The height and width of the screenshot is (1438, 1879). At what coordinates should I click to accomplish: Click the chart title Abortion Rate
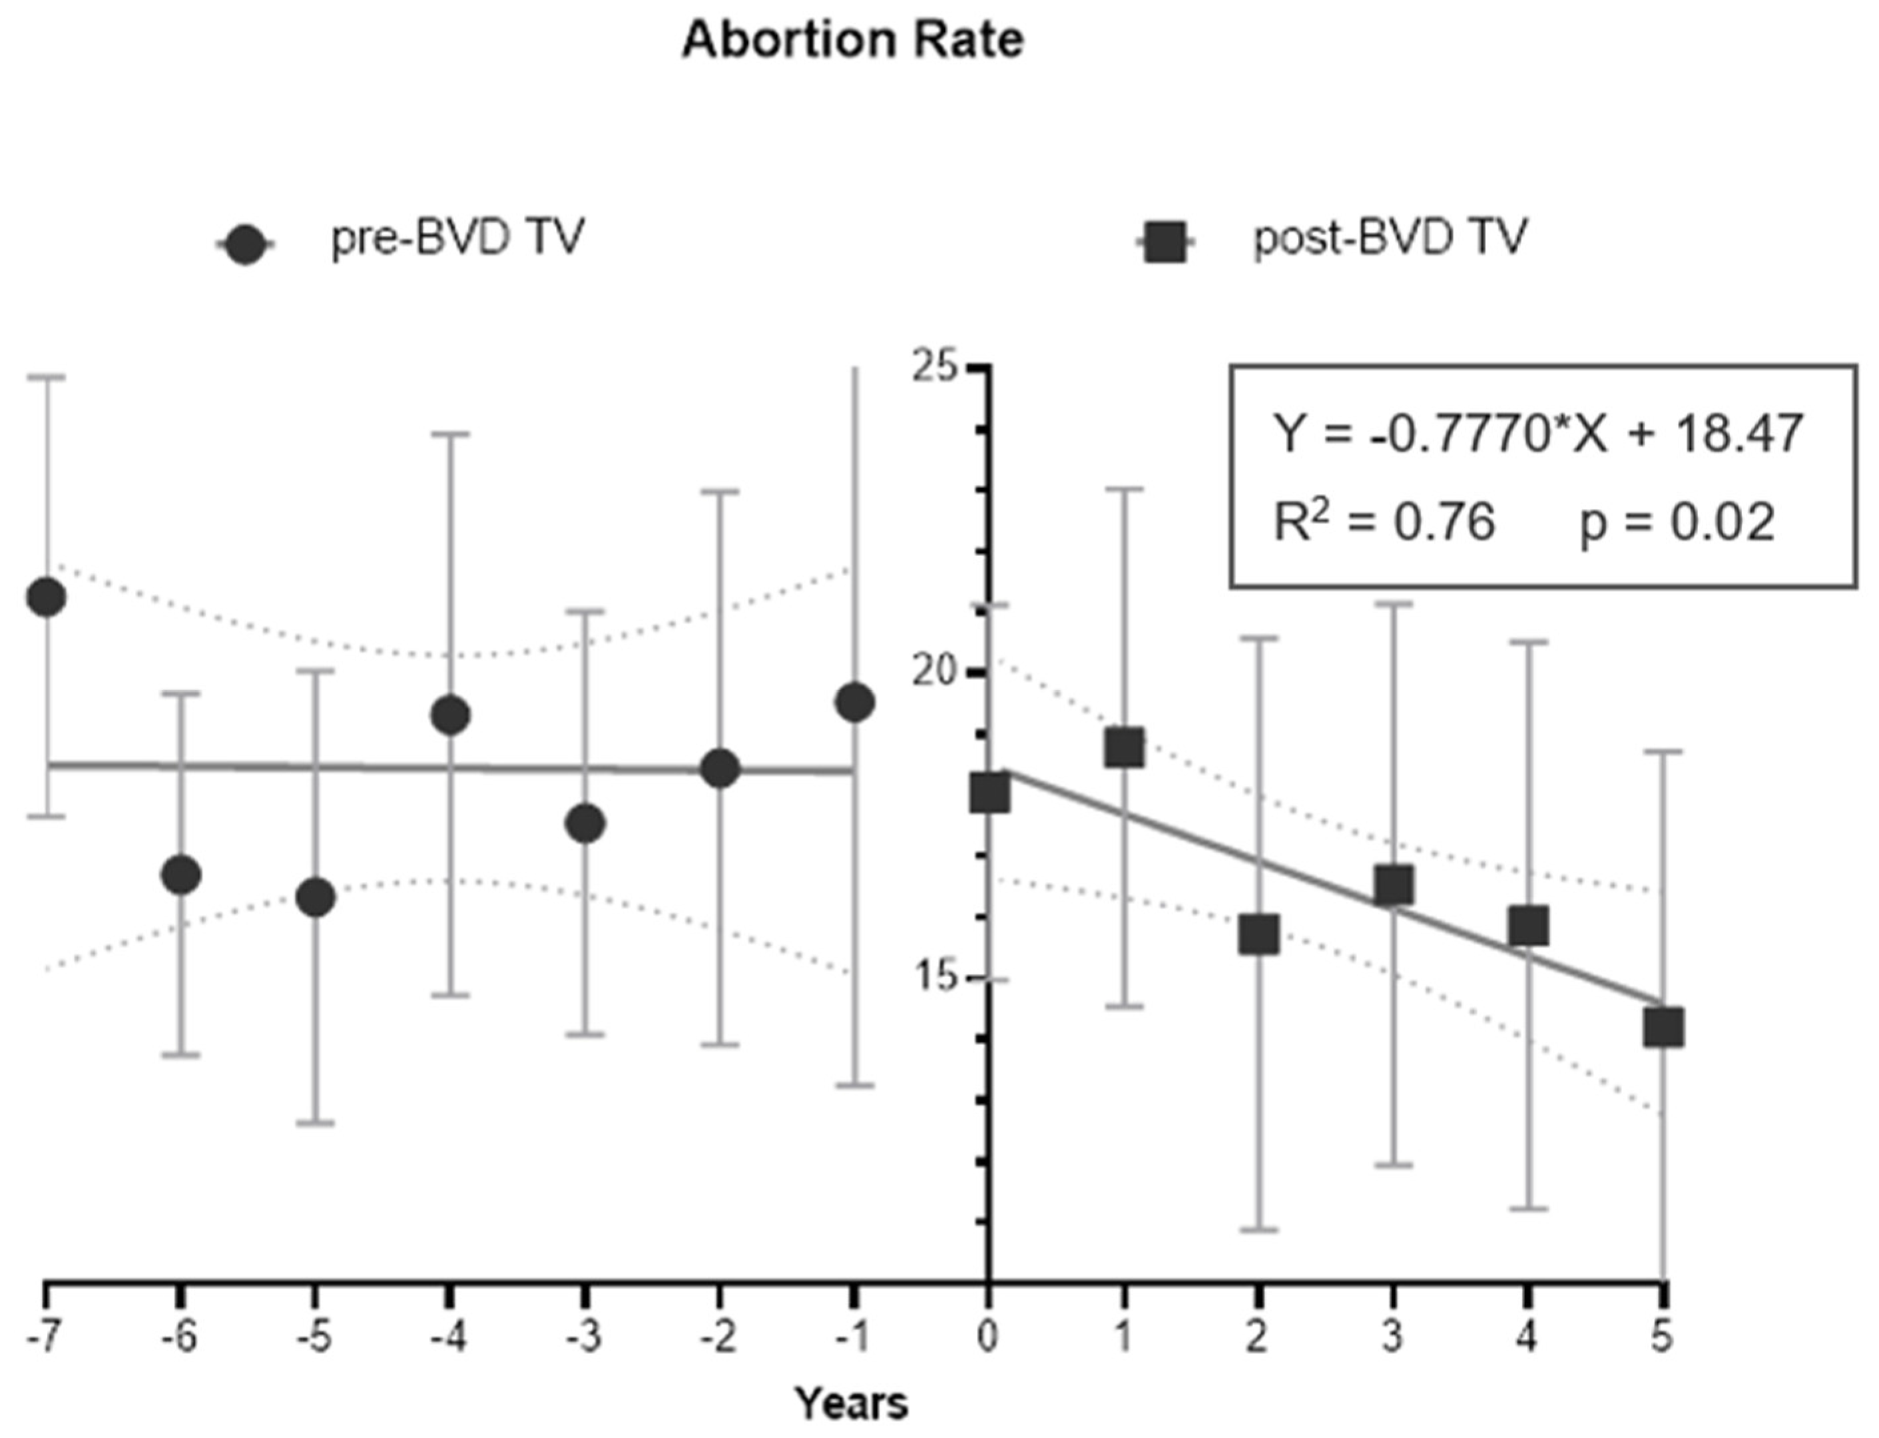pyautogui.click(x=852, y=39)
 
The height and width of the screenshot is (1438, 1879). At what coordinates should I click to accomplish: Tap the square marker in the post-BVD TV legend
pyautogui.click(x=1165, y=242)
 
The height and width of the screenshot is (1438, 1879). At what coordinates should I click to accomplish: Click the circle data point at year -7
pyautogui.click(x=46, y=597)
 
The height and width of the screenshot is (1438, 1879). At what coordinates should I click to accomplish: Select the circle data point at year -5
pyautogui.click(x=316, y=897)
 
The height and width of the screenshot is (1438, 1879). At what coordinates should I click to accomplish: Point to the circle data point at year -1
pyautogui.click(x=856, y=703)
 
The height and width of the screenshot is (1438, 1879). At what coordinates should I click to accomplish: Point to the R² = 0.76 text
pyautogui.click(x=1384, y=522)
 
